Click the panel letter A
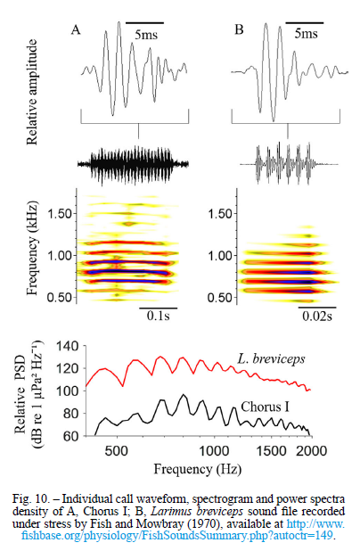point(76,30)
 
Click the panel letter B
point(239,30)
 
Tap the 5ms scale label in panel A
point(146,35)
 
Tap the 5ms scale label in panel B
point(306,34)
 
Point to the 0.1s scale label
point(158,316)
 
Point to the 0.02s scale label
point(317,316)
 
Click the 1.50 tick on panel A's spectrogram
point(60,214)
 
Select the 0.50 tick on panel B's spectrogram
point(220,298)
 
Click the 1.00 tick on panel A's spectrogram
point(60,256)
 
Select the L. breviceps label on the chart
point(271,358)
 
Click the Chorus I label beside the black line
point(266,407)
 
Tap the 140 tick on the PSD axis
point(68,346)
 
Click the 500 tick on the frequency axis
point(116,450)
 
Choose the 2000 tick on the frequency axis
point(312,450)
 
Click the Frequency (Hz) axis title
point(198,469)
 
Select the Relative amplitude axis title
point(31,92)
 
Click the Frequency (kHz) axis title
point(31,249)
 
